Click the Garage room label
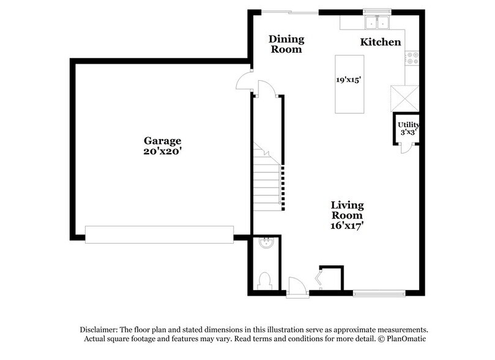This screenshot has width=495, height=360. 163,140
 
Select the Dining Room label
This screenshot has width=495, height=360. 286,44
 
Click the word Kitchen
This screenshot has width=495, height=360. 380,42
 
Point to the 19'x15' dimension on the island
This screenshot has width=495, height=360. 349,80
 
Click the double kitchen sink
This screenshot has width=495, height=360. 377,23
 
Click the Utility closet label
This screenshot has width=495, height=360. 408,125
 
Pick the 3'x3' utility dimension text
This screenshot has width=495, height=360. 408,132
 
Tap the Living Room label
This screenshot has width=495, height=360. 348,210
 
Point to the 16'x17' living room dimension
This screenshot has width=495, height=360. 348,225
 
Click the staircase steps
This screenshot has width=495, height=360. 267,184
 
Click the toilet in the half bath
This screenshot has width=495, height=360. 264,281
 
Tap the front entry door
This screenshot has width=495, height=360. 296,286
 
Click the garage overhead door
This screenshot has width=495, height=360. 159,233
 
